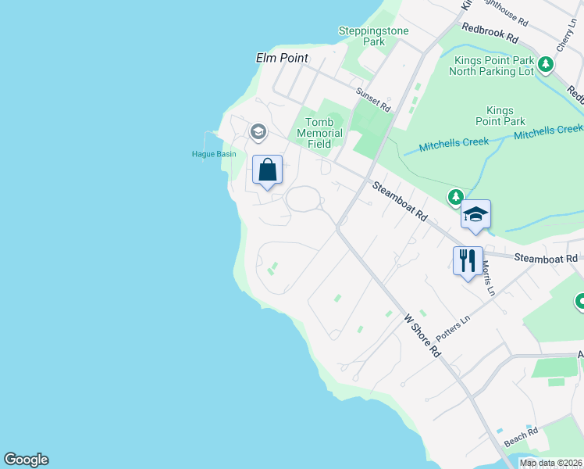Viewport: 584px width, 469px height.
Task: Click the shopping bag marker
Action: click(268, 170)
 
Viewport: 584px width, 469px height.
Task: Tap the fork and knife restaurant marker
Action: click(468, 261)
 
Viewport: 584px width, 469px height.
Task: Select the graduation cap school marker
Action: click(475, 214)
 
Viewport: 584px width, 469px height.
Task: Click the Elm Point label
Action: click(282, 58)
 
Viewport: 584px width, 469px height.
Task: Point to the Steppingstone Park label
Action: click(362, 36)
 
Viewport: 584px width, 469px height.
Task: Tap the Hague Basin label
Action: click(214, 154)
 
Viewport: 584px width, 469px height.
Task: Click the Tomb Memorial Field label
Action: click(319, 133)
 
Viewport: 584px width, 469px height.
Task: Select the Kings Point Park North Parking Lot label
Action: click(491, 66)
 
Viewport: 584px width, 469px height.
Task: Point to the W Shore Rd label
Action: click(422, 335)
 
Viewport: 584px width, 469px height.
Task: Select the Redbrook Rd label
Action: click(490, 32)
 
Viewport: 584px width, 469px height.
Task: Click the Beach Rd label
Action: click(521, 436)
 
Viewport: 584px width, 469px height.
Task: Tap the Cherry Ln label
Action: click(565, 37)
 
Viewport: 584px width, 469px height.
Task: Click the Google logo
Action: click(26, 460)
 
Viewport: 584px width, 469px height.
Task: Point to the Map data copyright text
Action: click(551, 463)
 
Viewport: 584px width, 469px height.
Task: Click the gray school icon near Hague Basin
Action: click(258, 132)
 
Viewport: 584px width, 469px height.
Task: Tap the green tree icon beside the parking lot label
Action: click(546, 66)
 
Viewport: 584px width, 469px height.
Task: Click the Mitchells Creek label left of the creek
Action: click(454, 144)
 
